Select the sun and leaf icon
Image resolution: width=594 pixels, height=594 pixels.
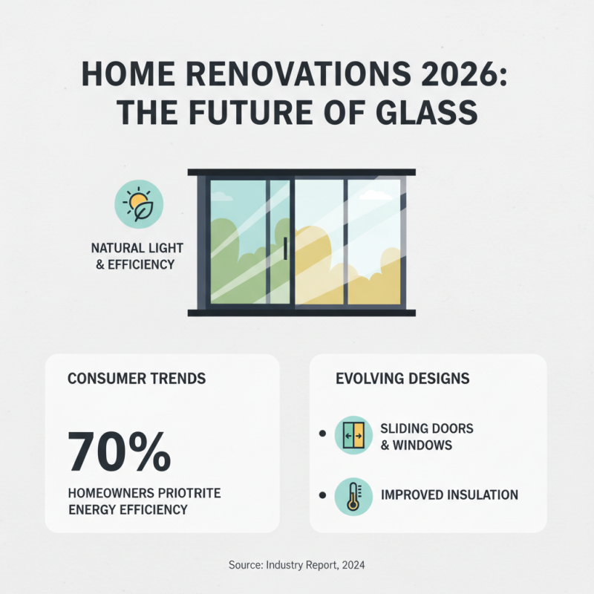click(139, 203)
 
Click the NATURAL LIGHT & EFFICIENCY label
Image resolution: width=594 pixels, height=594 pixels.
click(137, 255)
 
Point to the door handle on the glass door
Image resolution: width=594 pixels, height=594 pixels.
click(285, 248)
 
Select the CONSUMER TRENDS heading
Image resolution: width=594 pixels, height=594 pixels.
click(137, 379)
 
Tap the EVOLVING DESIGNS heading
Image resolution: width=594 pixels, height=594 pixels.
click(402, 379)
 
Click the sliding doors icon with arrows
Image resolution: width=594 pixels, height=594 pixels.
click(353, 435)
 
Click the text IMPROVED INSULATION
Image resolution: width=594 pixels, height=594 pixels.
click(449, 495)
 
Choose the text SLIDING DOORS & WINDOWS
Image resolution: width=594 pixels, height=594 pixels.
click(426, 437)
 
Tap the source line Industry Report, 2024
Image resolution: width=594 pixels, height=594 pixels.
click(297, 565)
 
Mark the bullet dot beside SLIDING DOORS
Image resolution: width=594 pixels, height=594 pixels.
click(322, 433)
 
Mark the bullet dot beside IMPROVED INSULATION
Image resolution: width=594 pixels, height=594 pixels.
click(322, 495)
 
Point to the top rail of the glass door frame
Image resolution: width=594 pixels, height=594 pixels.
click(301, 172)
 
